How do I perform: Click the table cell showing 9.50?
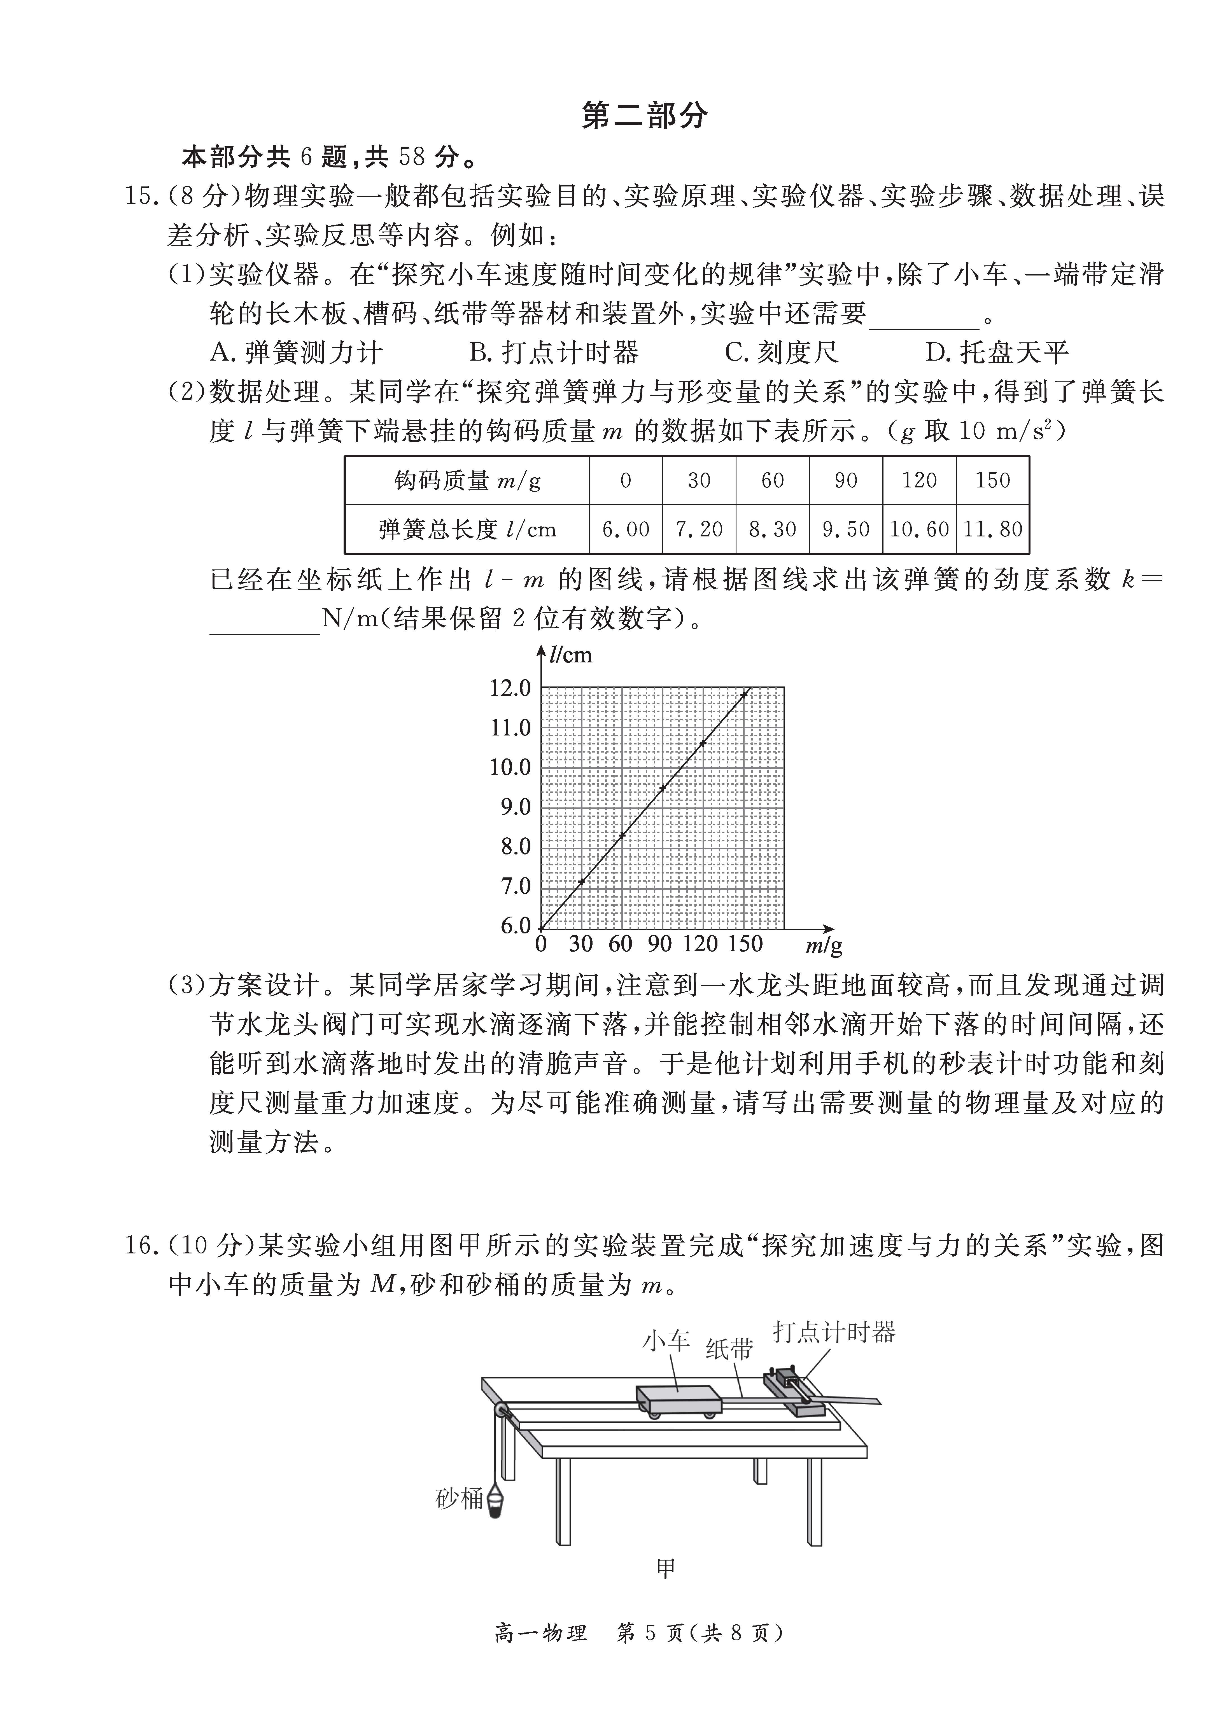pyautogui.click(x=846, y=529)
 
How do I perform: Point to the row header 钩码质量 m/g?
pyautogui.click(x=467, y=480)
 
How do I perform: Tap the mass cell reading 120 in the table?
pyautogui.click(x=919, y=480)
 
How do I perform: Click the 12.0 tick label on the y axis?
pyautogui.click(x=510, y=688)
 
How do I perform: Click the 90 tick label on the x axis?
pyautogui.click(x=659, y=943)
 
